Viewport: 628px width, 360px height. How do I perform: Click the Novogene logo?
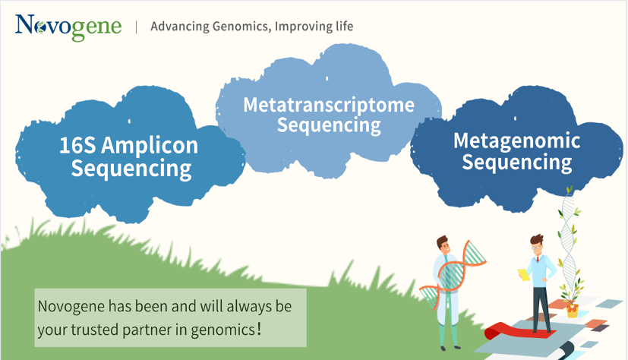point(68,27)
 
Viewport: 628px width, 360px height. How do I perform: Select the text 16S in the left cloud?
point(77,145)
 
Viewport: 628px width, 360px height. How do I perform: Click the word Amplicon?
point(150,146)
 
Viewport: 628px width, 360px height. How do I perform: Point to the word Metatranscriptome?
point(329,106)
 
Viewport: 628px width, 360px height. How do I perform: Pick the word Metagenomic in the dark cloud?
point(516,141)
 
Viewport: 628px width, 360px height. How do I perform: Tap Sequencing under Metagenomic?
point(517,163)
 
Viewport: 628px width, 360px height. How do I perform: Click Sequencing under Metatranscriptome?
point(329,125)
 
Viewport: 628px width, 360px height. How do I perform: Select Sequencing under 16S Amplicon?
point(131,169)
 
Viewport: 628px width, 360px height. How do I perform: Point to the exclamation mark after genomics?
point(259,329)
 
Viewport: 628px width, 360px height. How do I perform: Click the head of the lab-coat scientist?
point(443,244)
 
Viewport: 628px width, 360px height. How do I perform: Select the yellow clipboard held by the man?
point(524,275)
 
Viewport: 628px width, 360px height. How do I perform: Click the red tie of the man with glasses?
point(538,260)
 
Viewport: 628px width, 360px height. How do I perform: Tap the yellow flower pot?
point(573,311)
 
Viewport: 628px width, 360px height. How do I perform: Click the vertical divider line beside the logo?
point(137,27)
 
